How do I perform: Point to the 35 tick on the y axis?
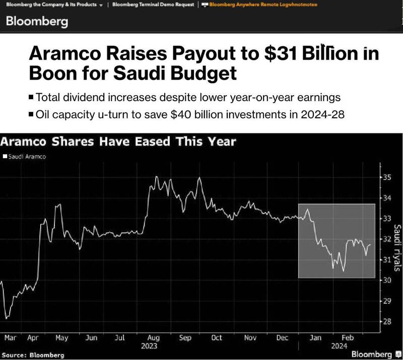386,177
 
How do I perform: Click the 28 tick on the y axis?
386,322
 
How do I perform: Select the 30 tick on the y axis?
386,280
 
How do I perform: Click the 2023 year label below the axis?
149,346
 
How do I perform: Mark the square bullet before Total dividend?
32,97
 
